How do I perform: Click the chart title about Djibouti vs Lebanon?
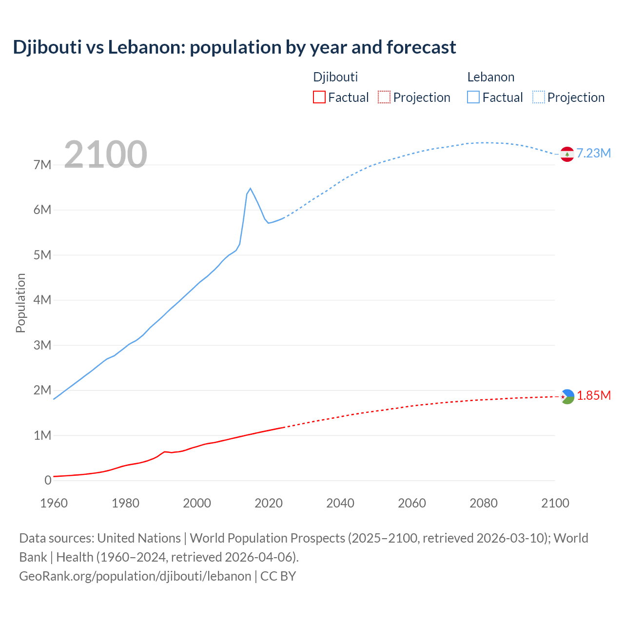tap(234, 47)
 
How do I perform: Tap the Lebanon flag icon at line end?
tap(567, 154)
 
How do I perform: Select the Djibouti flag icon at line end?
tap(567, 397)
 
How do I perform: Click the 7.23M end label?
tap(594, 153)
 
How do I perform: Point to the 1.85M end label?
tap(594, 395)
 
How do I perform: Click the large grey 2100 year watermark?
tap(105, 154)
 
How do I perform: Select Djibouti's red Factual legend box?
tap(319, 97)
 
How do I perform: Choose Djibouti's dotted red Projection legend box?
tap(384, 97)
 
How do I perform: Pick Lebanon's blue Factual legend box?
tap(473, 97)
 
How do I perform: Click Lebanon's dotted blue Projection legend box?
tap(538, 97)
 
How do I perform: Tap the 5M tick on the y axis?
tap(42, 255)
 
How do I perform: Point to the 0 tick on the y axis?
tap(48, 480)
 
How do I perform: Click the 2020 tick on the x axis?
tap(269, 503)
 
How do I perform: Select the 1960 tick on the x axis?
tap(54, 503)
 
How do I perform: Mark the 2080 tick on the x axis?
tap(484, 503)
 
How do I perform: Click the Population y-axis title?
tap(20, 303)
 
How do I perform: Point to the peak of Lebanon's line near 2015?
tap(250, 189)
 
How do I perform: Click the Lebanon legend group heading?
tap(490, 77)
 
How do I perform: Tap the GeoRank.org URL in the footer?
tap(135, 576)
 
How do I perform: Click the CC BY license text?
tap(278, 576)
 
